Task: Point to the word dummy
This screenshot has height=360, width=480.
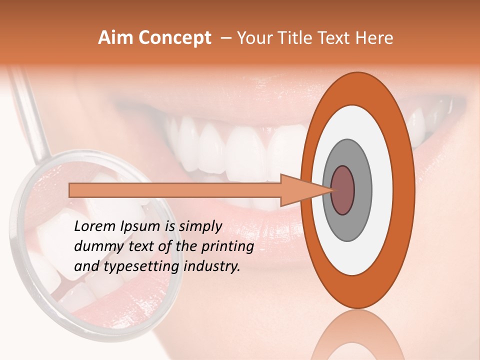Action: tap(94, 246)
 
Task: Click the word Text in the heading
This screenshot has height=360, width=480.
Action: tap(339, 38)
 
